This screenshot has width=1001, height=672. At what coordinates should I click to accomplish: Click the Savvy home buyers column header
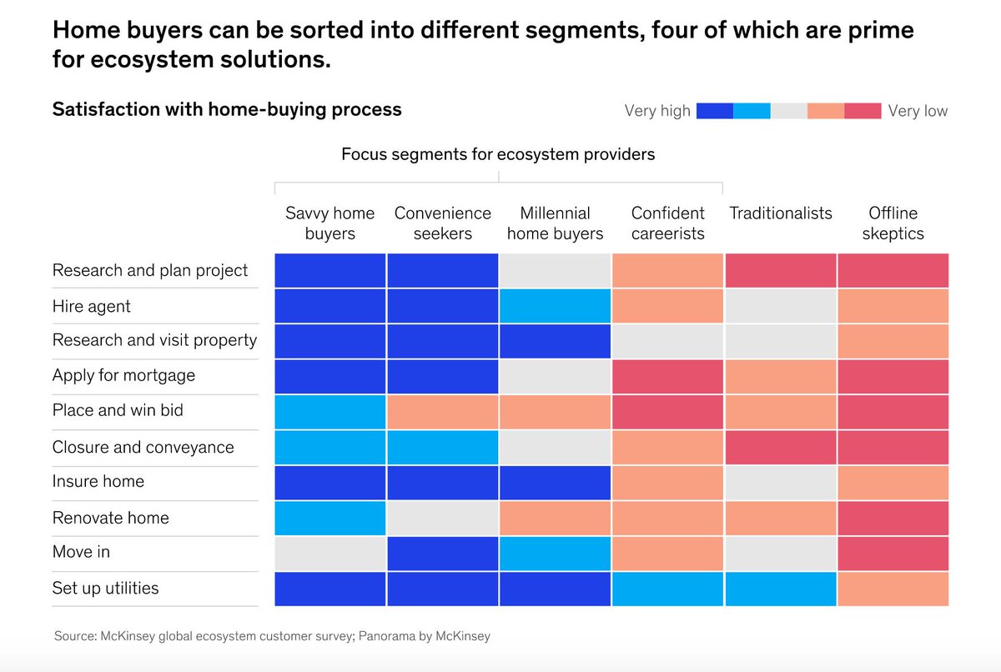pyautogui.click(x=329, y=223)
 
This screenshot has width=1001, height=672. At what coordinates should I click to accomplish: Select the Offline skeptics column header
pyautogui.click(x=893, y=223)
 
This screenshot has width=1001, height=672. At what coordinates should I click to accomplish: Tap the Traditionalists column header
pyautogui.click(x=781, y=213)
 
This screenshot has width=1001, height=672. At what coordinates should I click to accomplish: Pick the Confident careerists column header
pyautogui.click(x=667, y=223)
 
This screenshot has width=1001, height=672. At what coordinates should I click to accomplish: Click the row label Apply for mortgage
pyautogui.click(x=123, y=375)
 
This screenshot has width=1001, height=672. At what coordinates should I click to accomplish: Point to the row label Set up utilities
pyautogui.click(x=105, y=588)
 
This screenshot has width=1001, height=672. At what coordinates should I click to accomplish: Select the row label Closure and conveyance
pyautogui.click(x=143, y=447)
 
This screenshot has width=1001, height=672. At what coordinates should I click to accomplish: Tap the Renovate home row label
pyautogui.click(x=110, y=518)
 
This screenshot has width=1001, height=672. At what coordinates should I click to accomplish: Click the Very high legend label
pyautogui.click(x=657, y=111)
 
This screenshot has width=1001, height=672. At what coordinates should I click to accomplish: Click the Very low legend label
pyautogui.click(x=918, y=111)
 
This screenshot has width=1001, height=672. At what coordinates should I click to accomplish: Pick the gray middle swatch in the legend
pyautogui.click(x=788, y=111)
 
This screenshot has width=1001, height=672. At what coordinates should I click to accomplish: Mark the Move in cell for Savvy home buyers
pyautogui.click(x=329, y=553)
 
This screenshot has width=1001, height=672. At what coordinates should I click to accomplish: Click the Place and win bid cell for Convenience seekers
pyautogui.click(x=442, y=412)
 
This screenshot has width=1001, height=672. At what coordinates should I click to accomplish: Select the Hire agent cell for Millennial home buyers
pyautogui.click(x=555, y=306)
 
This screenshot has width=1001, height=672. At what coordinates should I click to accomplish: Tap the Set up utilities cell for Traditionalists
pyautogui.click(x=781, y=589)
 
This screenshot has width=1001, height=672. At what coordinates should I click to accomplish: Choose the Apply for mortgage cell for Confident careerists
pyautogui.click(x=667, y=376)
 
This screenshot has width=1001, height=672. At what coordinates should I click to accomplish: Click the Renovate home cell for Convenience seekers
pyautogui.click(x=442, y=518)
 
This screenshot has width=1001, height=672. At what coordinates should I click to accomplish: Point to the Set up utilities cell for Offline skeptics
pyautogui.click(x=893, y=589)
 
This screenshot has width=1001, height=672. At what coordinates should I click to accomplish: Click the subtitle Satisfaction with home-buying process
pyautogui.click(x=227, y=109)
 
